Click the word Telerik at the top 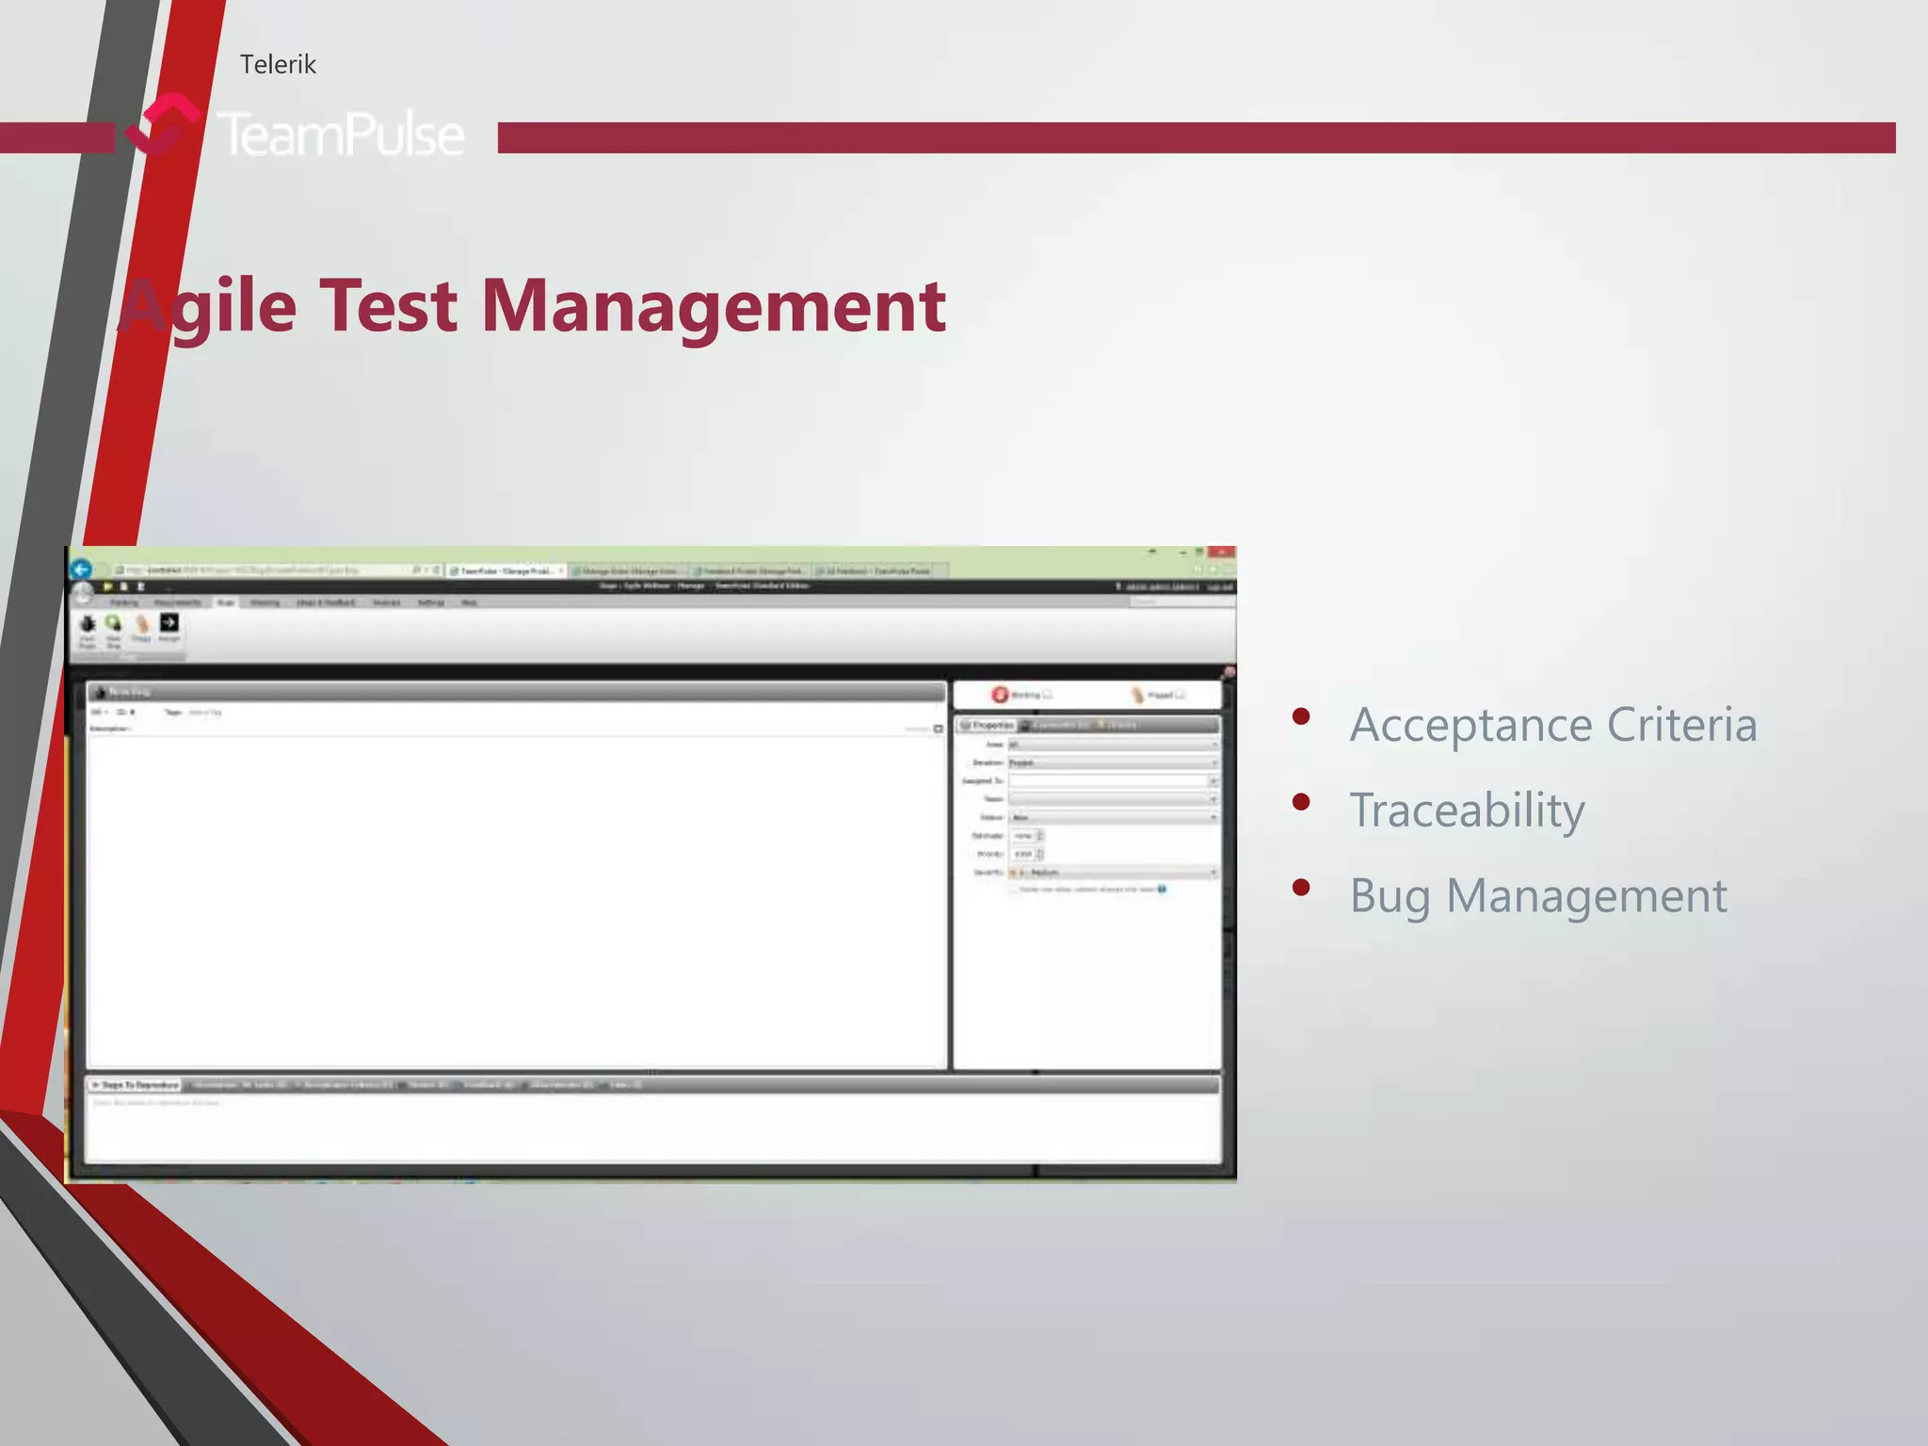click(x=278, y=64)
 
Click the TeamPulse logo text click(x=341, y=134)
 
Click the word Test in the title click(x=388, y=306)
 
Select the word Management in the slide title click(x=713, y=306)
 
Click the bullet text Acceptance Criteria click(x=1553, y=725)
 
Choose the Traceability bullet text click(x=1467, y=811)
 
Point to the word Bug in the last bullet click(x=1390, y=896)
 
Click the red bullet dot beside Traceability click(x=1302, y=802)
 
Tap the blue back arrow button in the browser click(x=82, y=569)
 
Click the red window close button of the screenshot click(x=1221, y=552)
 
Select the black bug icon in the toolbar click(x=88, y=624)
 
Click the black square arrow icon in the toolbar click(x=169, y=622)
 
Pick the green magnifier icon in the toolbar click(x=114, y=623)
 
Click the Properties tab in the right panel click(x=988, y=725)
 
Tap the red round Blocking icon click(x=1000, y=695)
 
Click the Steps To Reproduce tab click(x=136, y=1084)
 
